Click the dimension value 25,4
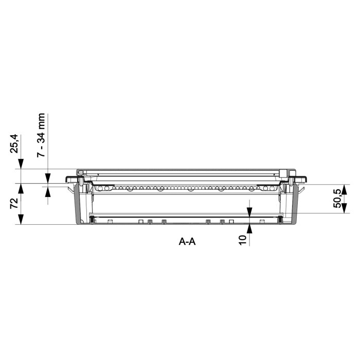point(14,144)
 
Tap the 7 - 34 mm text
point(41,135)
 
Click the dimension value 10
point(242,240)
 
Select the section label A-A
point(187,242)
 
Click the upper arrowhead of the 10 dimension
point(249,212)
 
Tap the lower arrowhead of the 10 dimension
point(249,229)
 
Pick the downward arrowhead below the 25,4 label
point(21,165)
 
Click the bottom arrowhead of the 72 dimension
point(21,219)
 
